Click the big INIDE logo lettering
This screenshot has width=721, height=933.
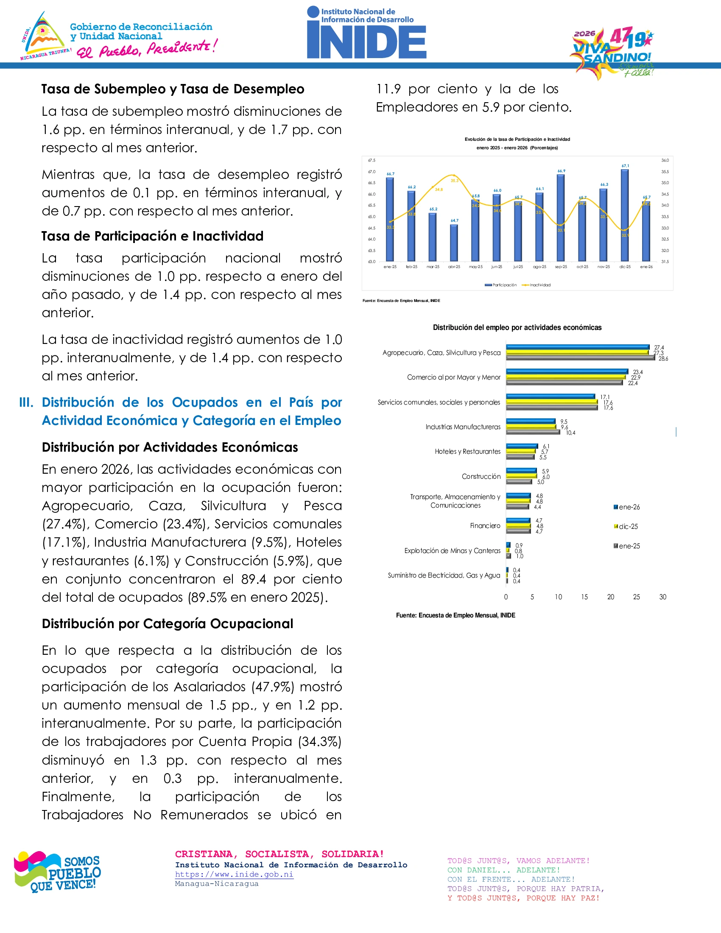point(366,42)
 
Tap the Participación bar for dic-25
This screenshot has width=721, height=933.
point(624,216)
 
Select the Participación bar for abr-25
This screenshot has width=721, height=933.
point(454,243)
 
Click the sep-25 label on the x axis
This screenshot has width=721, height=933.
point(561,267)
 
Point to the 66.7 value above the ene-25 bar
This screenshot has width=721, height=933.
point(390,174)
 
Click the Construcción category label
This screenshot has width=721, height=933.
point(481,476)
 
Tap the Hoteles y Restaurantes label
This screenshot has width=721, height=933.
point(467,452)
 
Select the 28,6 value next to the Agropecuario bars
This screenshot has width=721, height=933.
point(663,359)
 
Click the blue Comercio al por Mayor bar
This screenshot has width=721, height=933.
point(567,372)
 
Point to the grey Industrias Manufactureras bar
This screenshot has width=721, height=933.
point(533,432)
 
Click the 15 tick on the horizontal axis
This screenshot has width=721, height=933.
point(584,597)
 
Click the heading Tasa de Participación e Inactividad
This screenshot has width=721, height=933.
point(152,236)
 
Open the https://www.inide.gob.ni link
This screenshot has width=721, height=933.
point(234,874)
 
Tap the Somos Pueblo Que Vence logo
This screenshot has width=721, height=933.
point(57,872)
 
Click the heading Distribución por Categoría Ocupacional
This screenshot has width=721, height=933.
point(168,624)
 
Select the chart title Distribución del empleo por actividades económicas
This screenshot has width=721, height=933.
point(517,328)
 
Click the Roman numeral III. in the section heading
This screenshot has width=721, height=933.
point(26,402)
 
